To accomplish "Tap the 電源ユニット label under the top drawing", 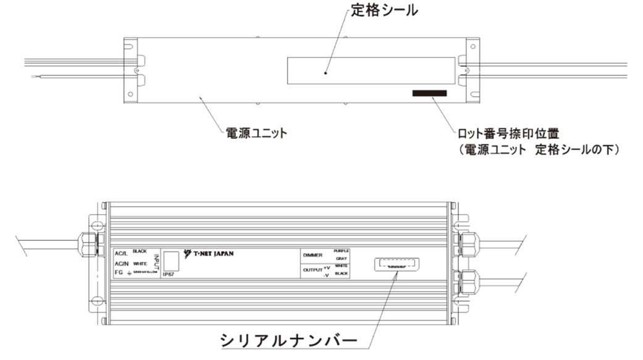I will (x=254, y=133).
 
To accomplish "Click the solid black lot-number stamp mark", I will (x=429, y=94).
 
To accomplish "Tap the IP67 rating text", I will (x=169, y=274).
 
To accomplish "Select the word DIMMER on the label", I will (x=314, y=254).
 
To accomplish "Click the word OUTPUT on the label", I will (x=313, y=270).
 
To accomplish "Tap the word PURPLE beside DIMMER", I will (x=342, y=251).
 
